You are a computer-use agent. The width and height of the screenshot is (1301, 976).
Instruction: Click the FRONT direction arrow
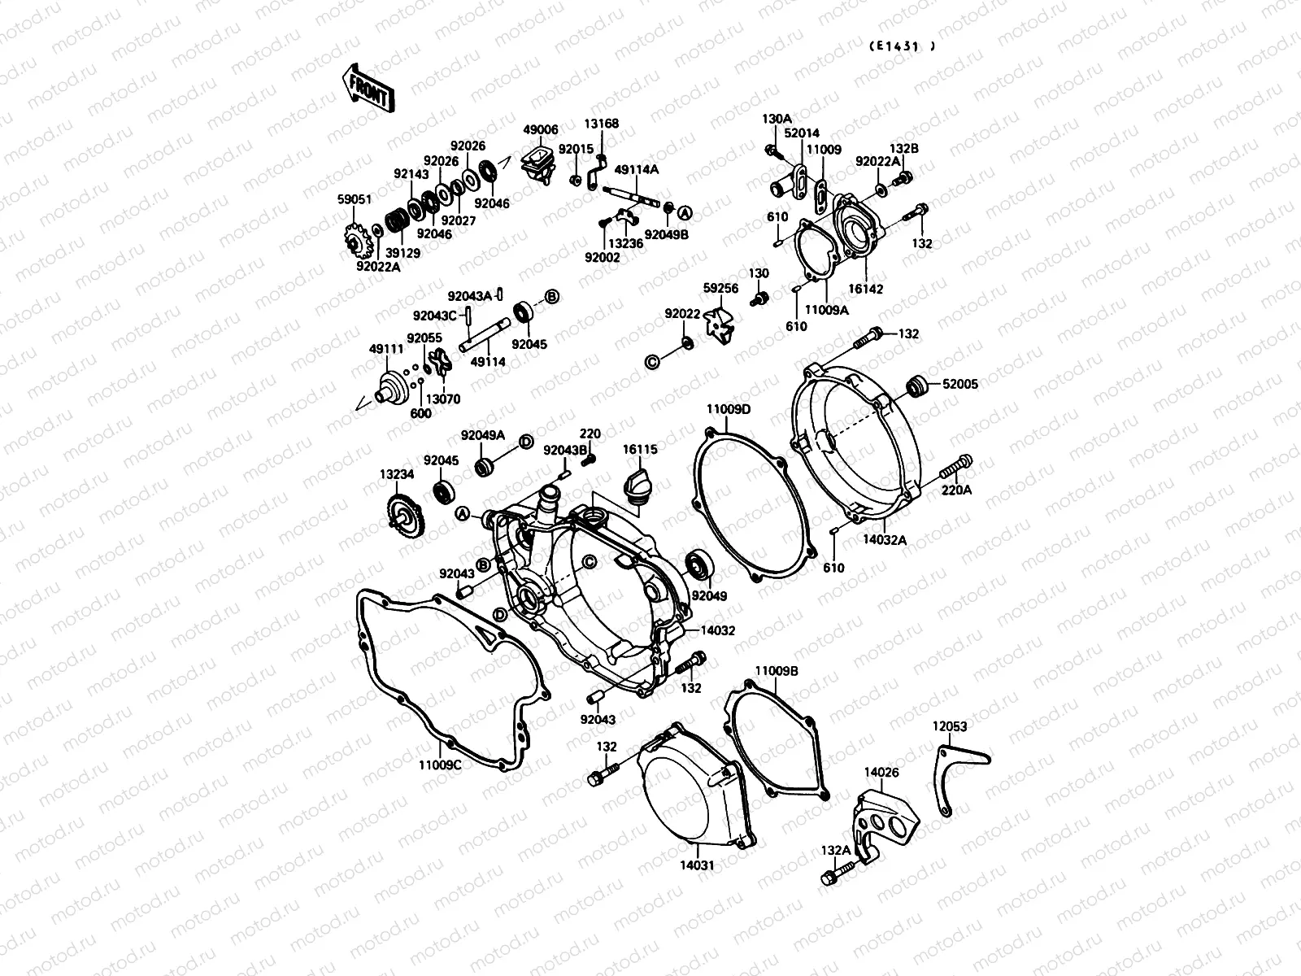pyautogui.click(x=368, y=88)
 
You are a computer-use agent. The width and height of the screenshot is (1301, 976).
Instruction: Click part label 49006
pyautogui.click(x=540, y=130)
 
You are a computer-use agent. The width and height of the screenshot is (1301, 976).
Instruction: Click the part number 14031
pyautogui.click(x=698, y=865)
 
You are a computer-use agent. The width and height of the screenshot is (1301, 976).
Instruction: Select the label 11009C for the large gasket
pyautogui.click(x=440, y=765)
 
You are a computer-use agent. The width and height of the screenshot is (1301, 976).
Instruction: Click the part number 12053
pyautogui.click(x=950, y=726)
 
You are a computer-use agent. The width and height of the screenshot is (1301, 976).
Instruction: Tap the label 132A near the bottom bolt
pyautogui.click(x=835, y=850)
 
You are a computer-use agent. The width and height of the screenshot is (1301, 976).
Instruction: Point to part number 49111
pyautogui.click(x=387, y=348)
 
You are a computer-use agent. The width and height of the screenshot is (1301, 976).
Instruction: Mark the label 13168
pyautogui.click(x=601, y=124)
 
